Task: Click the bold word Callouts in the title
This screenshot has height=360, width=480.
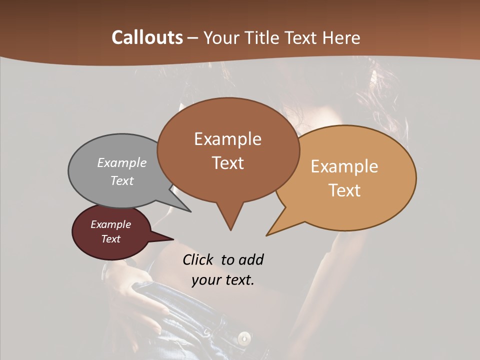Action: (x=147, y=37)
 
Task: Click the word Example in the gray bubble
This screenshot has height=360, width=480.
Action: (x=122, y=162)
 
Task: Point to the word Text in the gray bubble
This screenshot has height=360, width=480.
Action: (x=122, y=180)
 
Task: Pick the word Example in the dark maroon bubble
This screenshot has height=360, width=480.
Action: (x=110, y=224)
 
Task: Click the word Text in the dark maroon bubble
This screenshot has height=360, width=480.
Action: (x=110, y=239)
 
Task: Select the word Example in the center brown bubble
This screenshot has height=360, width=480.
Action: (x=227, y=139)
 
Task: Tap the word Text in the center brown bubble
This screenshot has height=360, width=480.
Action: (x=227, y=162)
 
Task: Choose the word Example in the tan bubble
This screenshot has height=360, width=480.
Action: (x=344, y=166)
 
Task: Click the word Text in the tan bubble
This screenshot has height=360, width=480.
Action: (x=344, y=190)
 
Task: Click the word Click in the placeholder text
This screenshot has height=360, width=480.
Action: (x=197, y=259)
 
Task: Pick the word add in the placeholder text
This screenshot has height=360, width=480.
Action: (x=251, y=259)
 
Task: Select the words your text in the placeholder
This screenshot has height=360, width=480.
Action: (x=222, y=279)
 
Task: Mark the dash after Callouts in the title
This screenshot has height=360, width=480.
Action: (x=193, y=38)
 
